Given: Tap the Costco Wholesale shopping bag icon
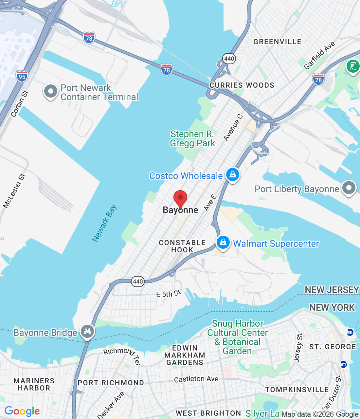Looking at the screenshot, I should [x=232, y=174].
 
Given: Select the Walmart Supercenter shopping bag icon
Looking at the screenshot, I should [x=223, y=243].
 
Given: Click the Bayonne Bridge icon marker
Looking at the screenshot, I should [x=87, y=331].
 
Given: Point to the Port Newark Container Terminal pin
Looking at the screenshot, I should [x=51, y=91].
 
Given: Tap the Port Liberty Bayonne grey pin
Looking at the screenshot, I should [x=349, y=188].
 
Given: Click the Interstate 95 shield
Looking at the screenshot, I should [x=22, y=76].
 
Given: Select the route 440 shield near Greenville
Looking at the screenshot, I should [x=229, y=59].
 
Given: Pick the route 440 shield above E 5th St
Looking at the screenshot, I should [x=138, y=282].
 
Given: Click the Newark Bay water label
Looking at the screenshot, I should [x=104, y=223].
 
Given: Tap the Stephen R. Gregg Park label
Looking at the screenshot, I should [x=192, y=138].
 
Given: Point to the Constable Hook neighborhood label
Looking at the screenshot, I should [x=182, y=246].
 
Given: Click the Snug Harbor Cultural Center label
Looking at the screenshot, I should [x=237, y=337].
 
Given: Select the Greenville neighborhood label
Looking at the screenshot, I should [x=277, y=42].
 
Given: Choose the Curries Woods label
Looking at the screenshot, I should [x=242, y=85].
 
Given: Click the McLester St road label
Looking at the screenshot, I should [x=14, y=191].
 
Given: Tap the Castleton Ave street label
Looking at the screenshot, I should [x=196, y=379].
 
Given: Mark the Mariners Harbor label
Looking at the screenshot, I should [x=34, y=384].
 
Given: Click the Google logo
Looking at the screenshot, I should [x=22, y=411].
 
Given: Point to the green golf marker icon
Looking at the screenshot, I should [x=353, y=66].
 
